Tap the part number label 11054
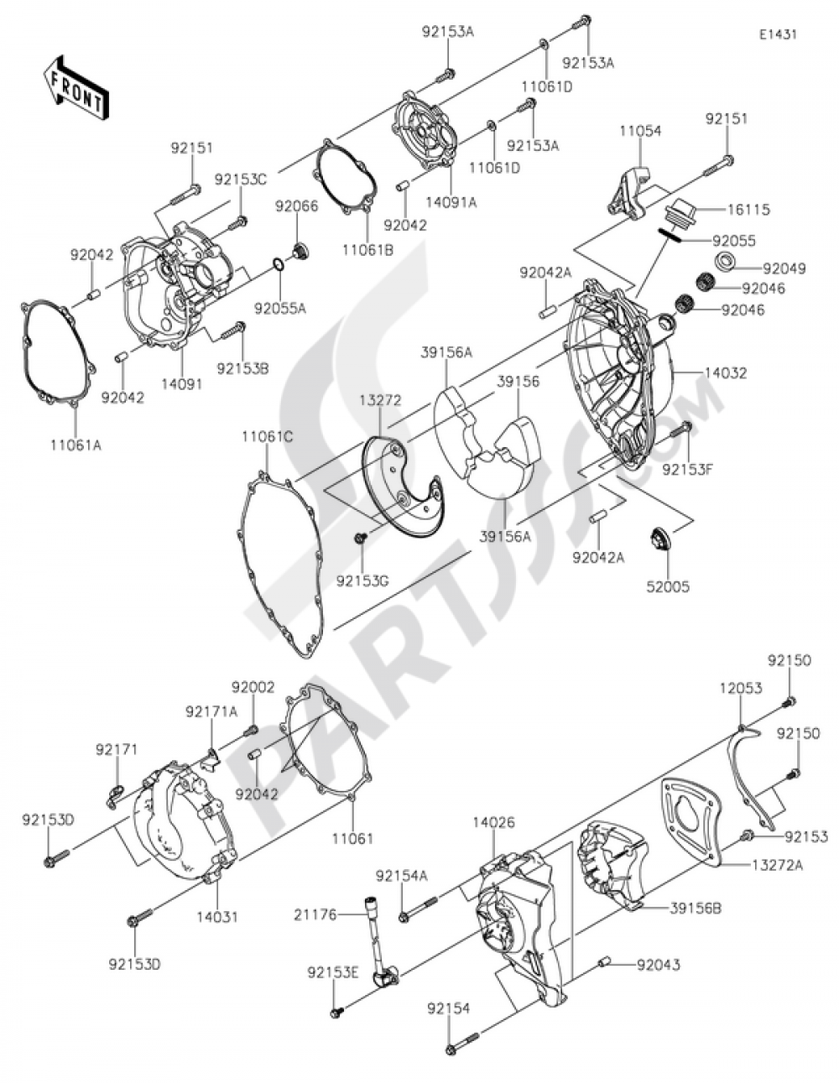(641, 132)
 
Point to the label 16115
(749, 210)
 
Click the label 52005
(668, 587)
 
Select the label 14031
(216, 917)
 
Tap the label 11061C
(268, 436)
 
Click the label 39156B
(696, 908)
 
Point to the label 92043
(658, 966)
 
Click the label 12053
(740, 688)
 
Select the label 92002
(253, 687)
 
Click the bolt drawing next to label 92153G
(360, 537)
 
